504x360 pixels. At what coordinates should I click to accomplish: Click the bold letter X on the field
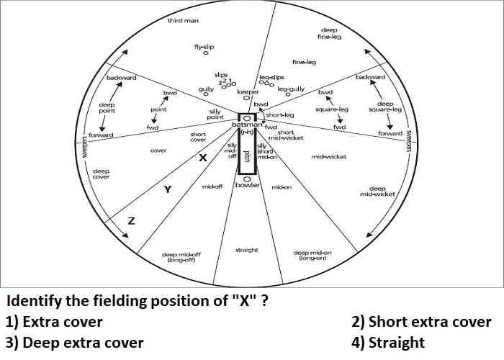(x=203, y=158)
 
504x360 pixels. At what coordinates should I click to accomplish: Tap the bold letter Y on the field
(x=168, y=189)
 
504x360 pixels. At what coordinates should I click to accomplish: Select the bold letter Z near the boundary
(x=132, y=221)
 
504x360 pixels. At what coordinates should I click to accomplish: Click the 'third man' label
(x=183, y=21)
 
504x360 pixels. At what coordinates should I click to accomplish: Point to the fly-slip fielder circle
(x=206, y=53)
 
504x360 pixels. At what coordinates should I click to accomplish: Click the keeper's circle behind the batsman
(x=246, y=98)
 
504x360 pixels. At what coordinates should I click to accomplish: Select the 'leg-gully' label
(x=291, y=89)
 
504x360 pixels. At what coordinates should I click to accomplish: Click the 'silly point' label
(x=215, y=114)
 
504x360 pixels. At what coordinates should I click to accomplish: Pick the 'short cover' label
(x=198, y=137)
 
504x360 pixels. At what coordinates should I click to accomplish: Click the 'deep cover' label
(x=102, y=174)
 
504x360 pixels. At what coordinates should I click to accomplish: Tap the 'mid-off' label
(x=212, y=186)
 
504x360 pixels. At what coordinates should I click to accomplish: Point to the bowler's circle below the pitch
(x=247, y=179)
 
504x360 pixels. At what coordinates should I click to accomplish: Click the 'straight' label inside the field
(x=246, y=250)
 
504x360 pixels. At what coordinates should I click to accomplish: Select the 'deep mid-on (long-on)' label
(x=312, y=256)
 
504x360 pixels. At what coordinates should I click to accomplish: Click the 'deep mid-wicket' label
(x=377, y=192)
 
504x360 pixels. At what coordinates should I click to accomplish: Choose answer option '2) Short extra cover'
(x=421, y=322)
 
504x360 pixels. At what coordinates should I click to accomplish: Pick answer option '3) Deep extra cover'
(x=75, y=343)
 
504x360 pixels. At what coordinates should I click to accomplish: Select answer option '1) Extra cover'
(x=54, y=322)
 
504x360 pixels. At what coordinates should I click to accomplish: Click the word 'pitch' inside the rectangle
(x=247, y=156)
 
